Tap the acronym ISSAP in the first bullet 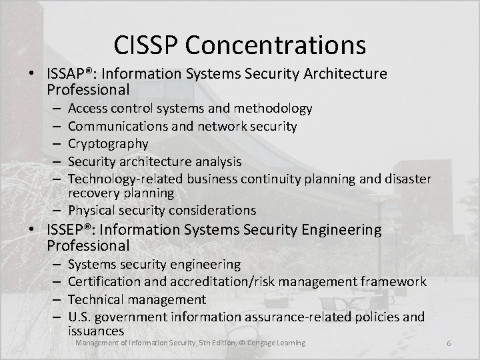pyautogui.click(x=69, y=72)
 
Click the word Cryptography pyautogui.click(x=108, y=143)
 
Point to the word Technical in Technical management pyautogui.click(x=97, y=299)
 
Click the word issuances pyautogui.click(x=97, y=331)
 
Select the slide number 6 pyautogui.click(x=449, y=343)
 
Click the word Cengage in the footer pyautogui.click(x=265, y=343)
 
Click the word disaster pyautogui.click(x=409, y=178)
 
